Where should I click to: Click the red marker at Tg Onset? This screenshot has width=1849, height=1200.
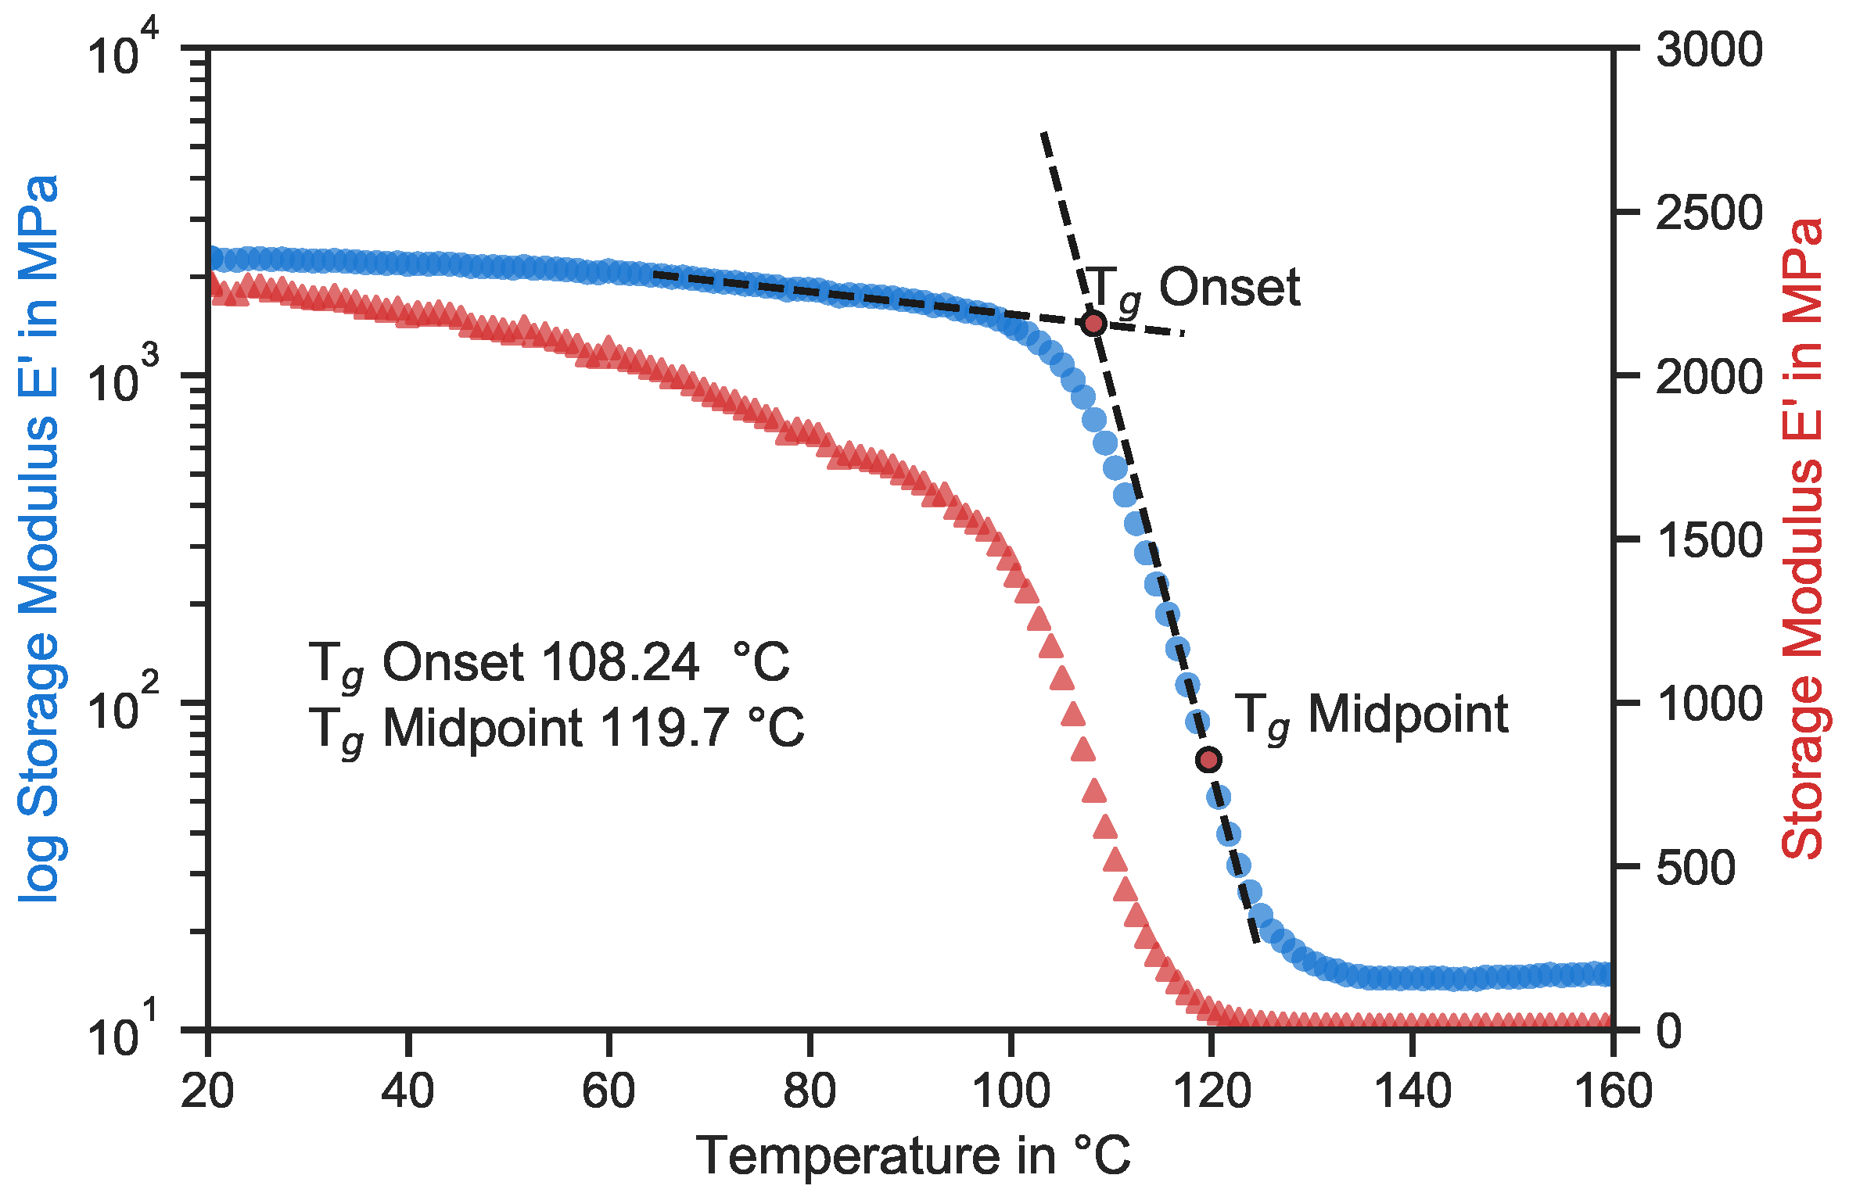click(1093, 323)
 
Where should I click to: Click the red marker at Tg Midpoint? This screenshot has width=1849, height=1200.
click(1209, 759)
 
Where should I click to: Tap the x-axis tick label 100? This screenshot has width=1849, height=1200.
click(1011, 1091)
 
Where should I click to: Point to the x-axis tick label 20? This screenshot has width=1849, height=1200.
click(207, 1091)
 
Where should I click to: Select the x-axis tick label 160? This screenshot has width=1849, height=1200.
click(1613, 1091)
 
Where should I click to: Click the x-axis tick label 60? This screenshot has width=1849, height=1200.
click(609, 1091)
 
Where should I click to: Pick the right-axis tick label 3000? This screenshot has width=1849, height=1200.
click(1709, 50)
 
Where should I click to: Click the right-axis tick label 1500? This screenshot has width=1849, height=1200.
click(1709, 540)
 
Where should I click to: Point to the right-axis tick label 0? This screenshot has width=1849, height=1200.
click(1669, 1031)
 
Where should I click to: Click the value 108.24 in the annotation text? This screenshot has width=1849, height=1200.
click(619, 663)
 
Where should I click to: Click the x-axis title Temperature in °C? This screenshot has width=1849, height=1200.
click(914, 1155)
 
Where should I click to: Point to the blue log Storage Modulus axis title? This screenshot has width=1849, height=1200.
click(39, 539)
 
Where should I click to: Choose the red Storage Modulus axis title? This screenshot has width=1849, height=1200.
click(1802, 539)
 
